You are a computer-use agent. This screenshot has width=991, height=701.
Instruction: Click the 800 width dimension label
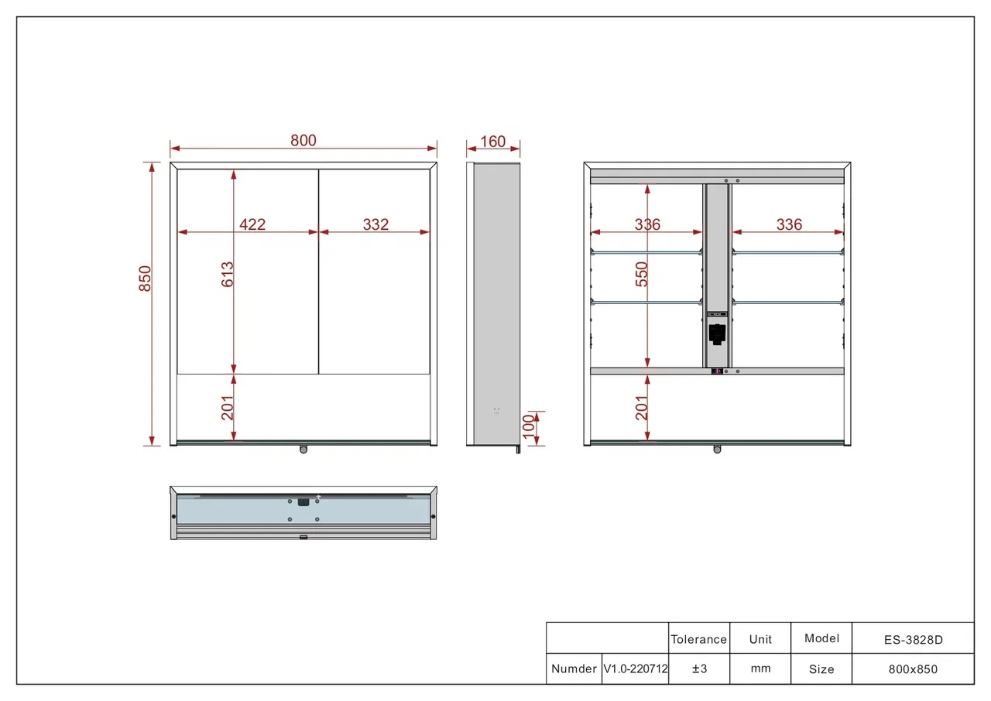pyautogui.click(x=303, y=141)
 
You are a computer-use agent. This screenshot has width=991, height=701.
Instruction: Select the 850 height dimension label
pyautogui.click(x=145, y=279)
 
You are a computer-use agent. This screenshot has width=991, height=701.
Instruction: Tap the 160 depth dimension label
pyautogui.click(x=493, y=142)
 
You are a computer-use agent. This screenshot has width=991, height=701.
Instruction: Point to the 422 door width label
pyautogui.click(x=252, y=224)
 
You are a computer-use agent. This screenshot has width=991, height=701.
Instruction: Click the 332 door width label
pyautogui.click(x=375, y=224)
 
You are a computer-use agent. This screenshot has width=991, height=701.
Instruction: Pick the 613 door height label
pyautogui.click(x=228, y=274)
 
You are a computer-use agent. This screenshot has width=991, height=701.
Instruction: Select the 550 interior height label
pyautogui.click(x=642, y=274)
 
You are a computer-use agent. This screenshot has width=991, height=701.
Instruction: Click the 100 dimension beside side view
pyautogui.click(x=529, y=426)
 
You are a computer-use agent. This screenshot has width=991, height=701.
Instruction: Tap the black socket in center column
pyautogui.click(x=717, y=334)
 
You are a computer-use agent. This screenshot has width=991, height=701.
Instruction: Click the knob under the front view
pyautogui.click(x=303, y=450)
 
